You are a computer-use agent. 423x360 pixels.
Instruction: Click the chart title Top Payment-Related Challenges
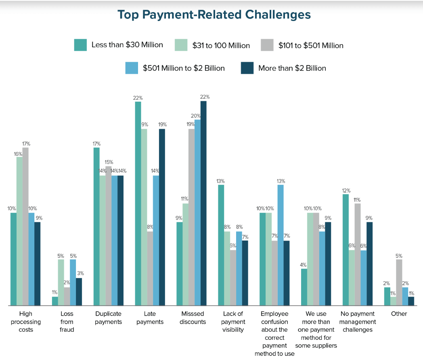(214, 15)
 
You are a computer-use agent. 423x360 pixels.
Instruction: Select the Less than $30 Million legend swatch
(80, 45)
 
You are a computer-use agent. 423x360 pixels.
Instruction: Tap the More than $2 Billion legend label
(292, 68)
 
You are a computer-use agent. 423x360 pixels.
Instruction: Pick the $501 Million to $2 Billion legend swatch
(132, 68)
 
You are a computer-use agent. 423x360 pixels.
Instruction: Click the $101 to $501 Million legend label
(311, 46)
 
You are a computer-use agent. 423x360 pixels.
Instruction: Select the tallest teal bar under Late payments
(138, 204)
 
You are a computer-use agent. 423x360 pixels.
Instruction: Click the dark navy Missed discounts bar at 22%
(203, 203)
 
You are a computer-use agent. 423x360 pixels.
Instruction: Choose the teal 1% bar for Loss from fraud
(55, 301)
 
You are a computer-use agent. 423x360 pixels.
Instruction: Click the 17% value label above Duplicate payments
(96, 144)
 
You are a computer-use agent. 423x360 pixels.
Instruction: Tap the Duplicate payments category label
(109, 318)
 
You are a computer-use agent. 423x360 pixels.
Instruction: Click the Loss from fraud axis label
(67, 321)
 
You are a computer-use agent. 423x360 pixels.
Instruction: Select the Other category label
(399, 314)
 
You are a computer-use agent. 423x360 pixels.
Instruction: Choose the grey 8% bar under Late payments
(150, 268)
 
